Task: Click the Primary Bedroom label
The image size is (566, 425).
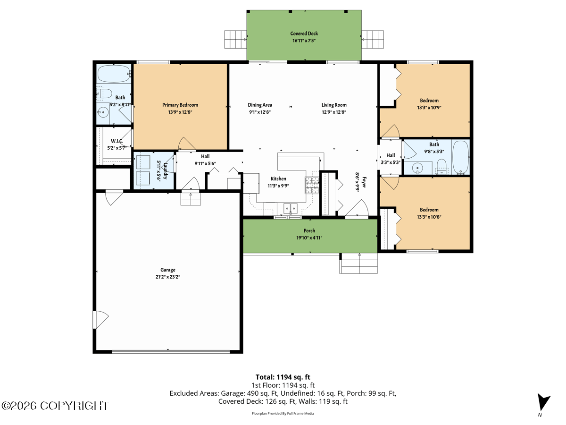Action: point(180,105)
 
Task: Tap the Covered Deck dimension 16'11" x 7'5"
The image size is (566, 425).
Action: point(304,41)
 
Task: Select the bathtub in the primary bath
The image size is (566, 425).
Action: point(114,74)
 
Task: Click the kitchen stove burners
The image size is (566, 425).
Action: point(312,185)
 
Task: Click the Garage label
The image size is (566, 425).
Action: point(168,270)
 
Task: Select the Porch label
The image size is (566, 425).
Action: point(309,231)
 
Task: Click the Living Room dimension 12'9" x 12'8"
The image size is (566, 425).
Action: point(334,112)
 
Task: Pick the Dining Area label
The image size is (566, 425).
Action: point(260,105)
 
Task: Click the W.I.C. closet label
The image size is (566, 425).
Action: point(117,141)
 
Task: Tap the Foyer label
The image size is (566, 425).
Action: point(364,182)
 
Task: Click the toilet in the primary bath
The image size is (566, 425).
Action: point(104,93)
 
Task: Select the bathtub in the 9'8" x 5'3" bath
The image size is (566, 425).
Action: point(461,157)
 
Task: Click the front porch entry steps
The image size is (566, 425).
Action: point(358,263)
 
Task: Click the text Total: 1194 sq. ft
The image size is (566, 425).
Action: point(283,377)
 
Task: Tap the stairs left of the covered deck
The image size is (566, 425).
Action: point(235,40)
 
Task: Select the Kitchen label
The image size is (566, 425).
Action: point(278,179)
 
